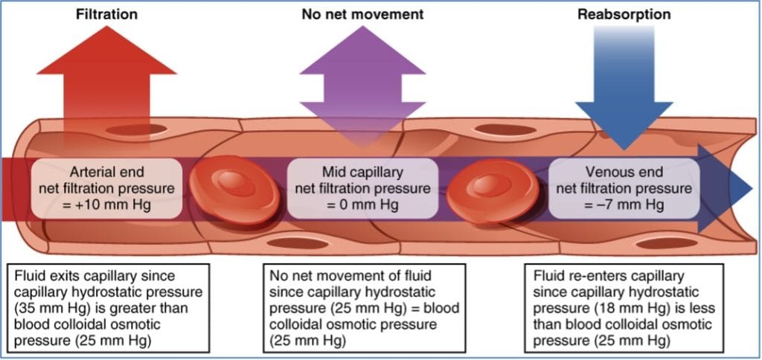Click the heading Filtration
pos(106,14)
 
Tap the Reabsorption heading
pos(624,14)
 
